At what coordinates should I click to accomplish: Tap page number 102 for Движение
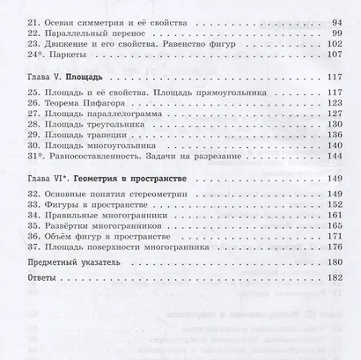pyautogui.click(x=330, y=52)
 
